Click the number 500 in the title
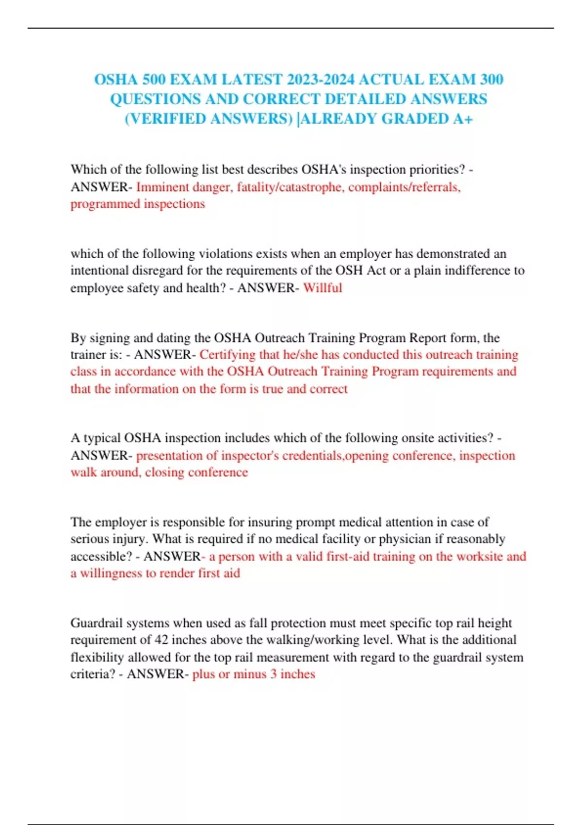(154, 79)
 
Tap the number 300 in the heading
(491, 79)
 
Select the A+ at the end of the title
(463, 118)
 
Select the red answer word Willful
(323, 288)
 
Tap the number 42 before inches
(162, 640)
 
